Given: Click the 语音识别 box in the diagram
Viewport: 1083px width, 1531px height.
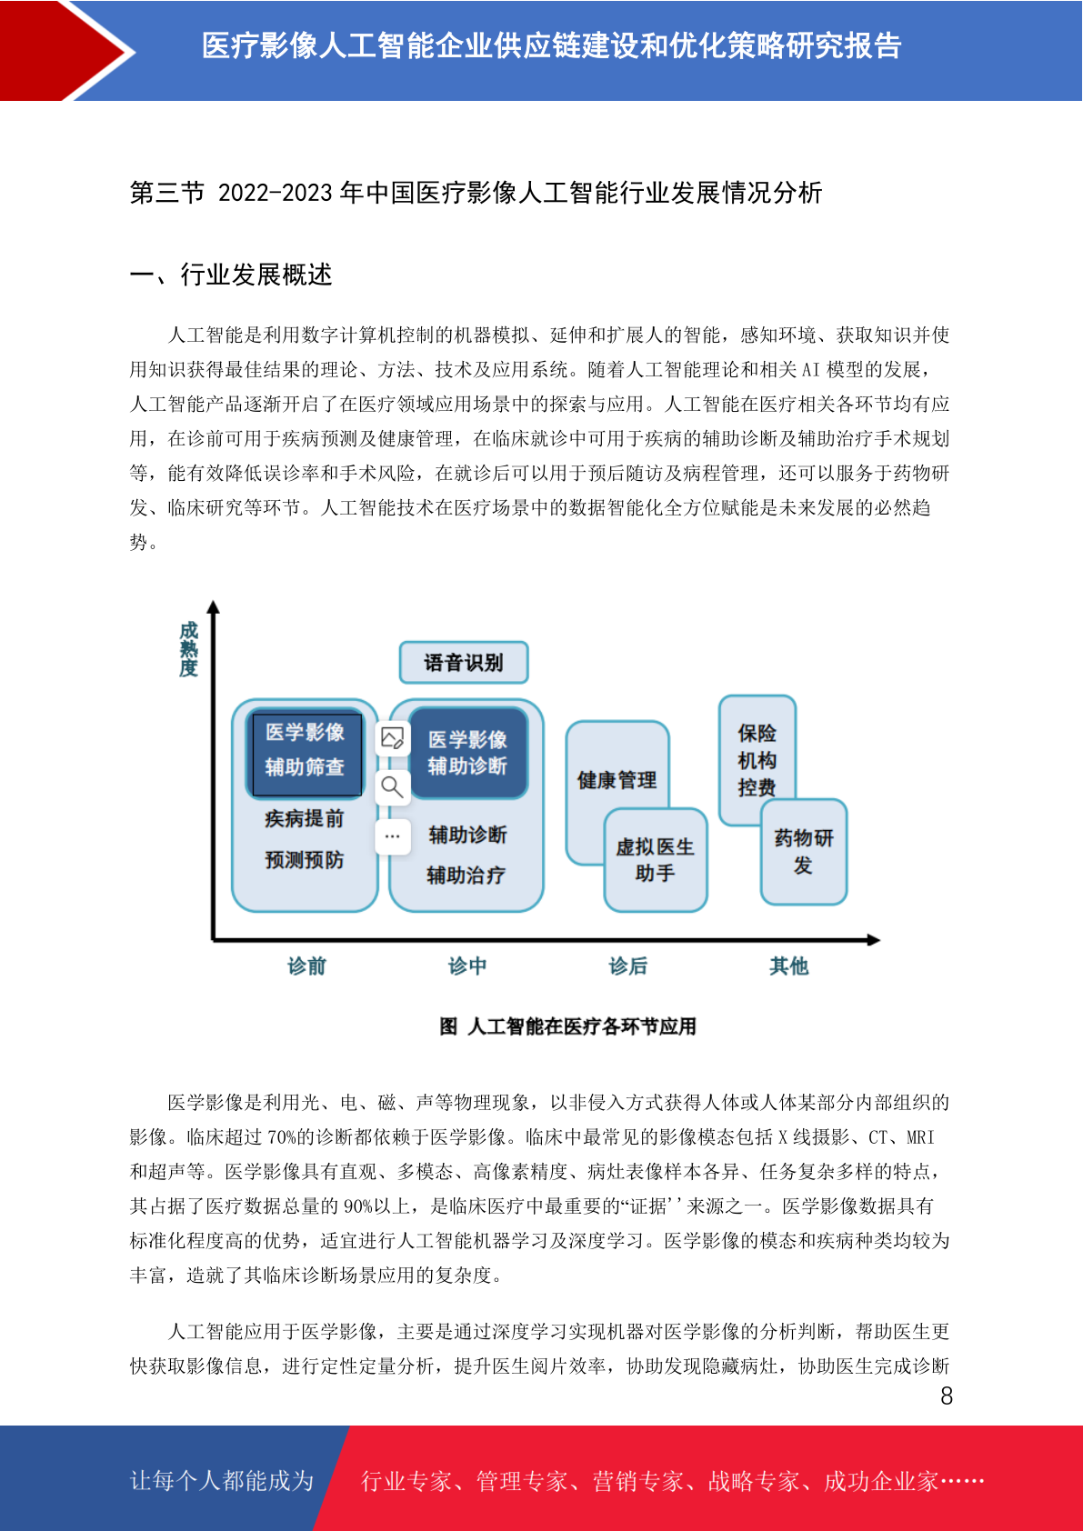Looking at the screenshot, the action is (464, 662).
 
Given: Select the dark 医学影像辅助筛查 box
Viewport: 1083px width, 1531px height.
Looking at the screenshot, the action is (305, 753).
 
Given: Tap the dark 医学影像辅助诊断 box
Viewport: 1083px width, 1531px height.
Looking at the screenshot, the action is (468, 753).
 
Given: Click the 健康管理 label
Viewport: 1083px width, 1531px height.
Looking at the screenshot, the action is (617, 780).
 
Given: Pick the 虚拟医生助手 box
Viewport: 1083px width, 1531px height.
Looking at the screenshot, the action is (656, 860).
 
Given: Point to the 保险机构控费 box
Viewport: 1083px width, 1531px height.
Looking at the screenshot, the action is (757, 759).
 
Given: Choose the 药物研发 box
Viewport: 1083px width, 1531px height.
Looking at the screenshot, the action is (804, 852).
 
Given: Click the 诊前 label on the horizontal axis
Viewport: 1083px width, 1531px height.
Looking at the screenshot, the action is (307, 966).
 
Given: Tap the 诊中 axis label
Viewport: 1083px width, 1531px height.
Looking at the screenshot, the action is (467, 966).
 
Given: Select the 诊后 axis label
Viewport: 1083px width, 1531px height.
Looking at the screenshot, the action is (628, 966).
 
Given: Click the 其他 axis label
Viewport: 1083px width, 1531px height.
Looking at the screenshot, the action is (789, 966).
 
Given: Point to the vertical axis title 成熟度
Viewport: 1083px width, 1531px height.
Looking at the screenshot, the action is (189, 649).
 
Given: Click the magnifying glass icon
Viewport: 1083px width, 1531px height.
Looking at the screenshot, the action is (393, 787).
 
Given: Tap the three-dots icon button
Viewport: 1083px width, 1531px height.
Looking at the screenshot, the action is (393, 836).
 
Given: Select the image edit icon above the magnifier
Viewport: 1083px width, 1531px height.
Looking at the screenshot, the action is (393, 738).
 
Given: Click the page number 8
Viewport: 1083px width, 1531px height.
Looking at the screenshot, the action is (947, 1396).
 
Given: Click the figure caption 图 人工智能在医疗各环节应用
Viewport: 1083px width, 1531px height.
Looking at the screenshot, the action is (568, 1026).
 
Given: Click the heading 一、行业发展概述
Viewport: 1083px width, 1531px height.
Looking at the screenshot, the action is (231, 275).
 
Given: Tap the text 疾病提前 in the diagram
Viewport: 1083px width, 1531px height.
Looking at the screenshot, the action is (305, 819).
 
